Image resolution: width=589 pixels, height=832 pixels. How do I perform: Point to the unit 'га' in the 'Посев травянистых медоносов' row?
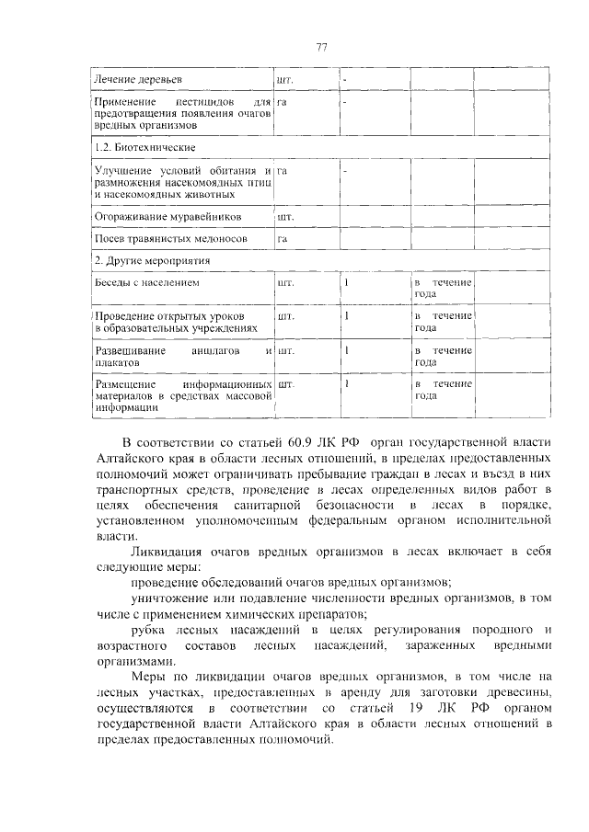click(283, 239)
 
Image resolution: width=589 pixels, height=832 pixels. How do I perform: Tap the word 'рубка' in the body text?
click(147, 630)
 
